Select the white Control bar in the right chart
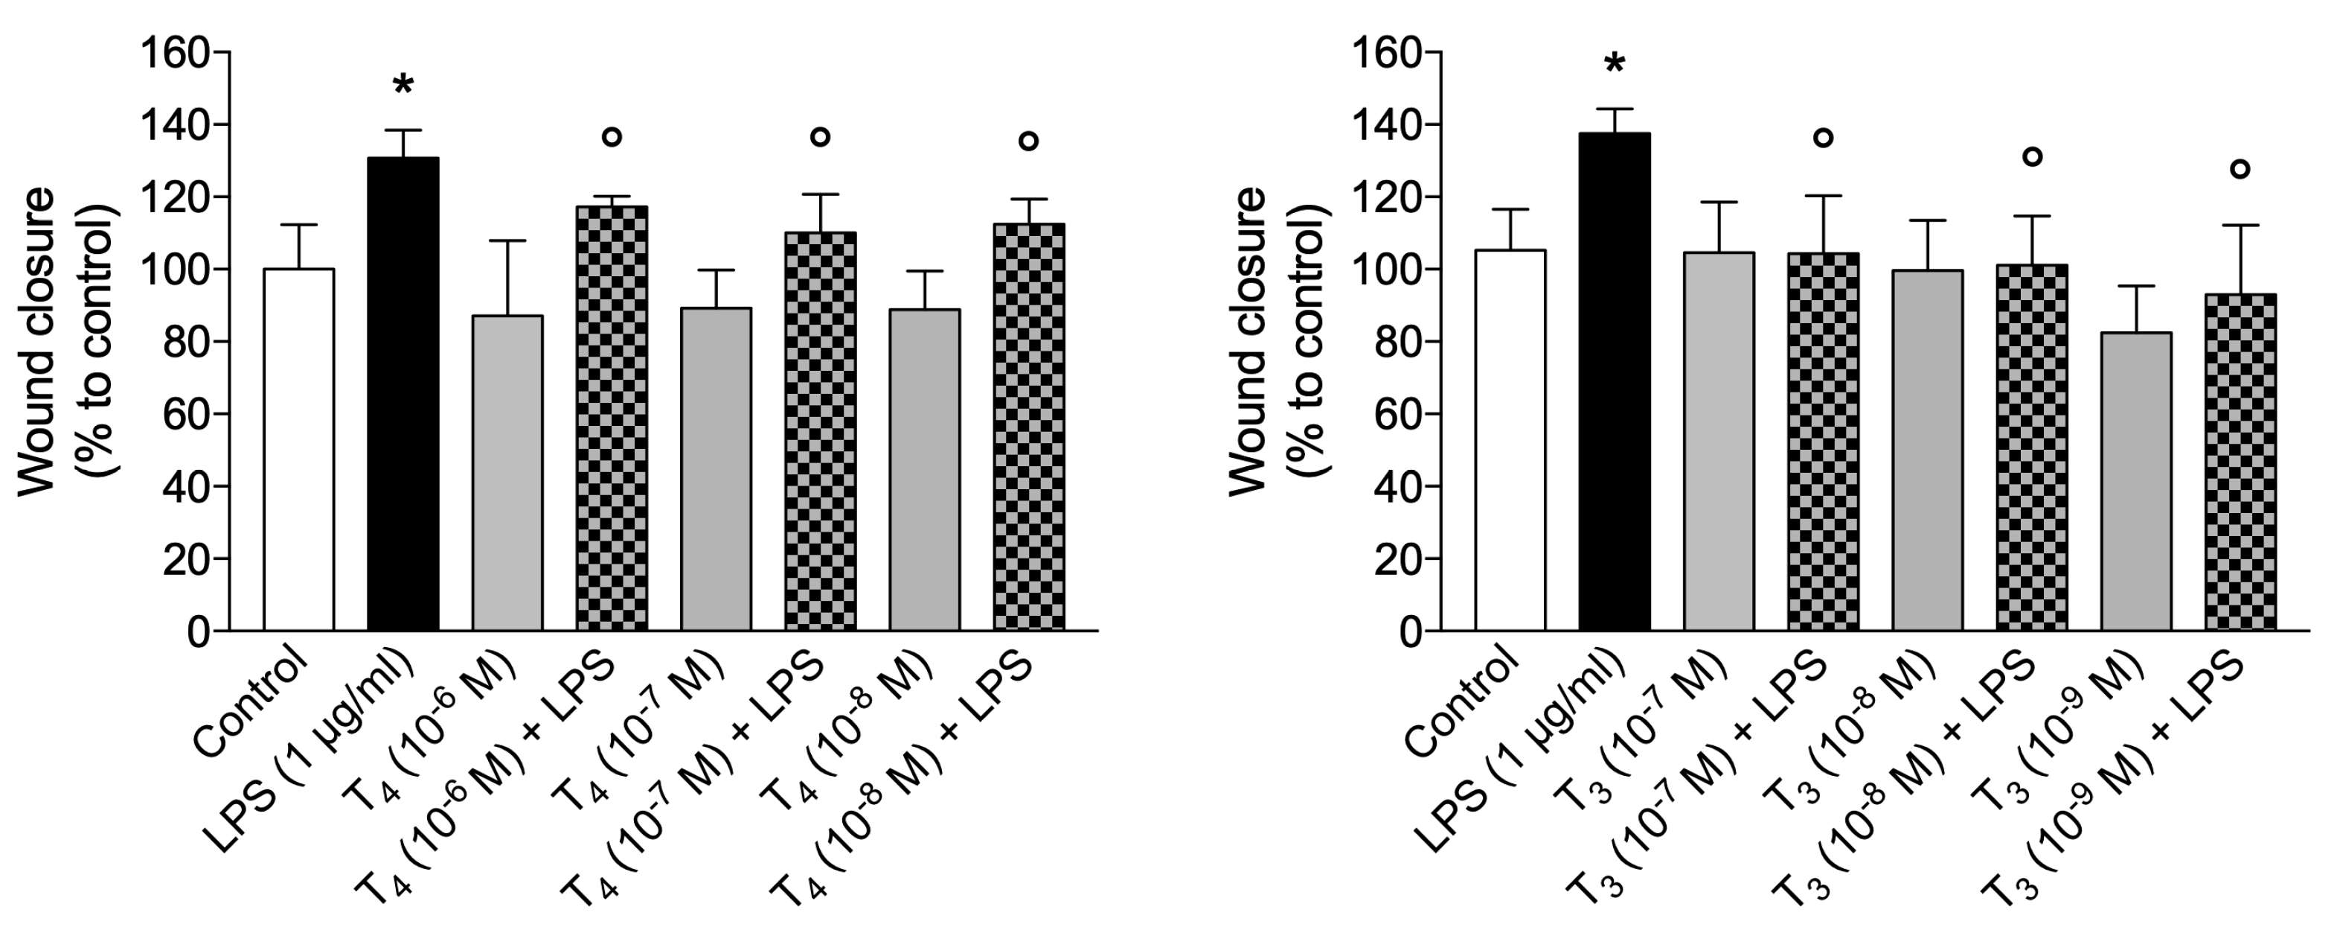point(1510,440)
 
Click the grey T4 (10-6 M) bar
point(507,472)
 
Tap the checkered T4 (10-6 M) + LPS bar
point(612,418)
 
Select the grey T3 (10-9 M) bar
point(2135,481)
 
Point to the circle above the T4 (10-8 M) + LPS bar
point(1028,141)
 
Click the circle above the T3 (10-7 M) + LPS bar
point(1823,138)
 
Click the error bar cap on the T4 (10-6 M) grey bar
point(507,241)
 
